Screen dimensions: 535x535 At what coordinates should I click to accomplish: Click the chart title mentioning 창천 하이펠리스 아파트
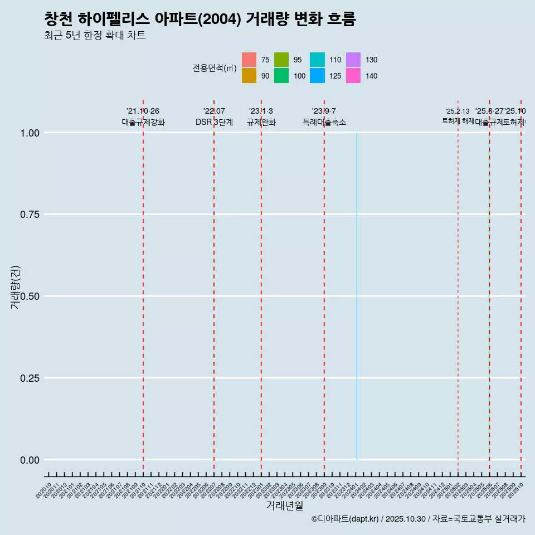point(200,19)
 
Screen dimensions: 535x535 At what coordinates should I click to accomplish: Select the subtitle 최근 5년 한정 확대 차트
point(95,36)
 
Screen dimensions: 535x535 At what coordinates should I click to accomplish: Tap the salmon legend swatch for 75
point(249,60)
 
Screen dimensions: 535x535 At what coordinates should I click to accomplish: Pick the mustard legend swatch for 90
point(249,76)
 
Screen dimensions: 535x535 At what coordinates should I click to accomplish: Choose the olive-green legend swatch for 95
point(281,60)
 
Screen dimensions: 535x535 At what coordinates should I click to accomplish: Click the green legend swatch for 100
point(281,76)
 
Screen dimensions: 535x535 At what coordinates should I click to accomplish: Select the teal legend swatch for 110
point(317,60)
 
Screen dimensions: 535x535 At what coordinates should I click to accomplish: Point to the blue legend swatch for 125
point(317,76)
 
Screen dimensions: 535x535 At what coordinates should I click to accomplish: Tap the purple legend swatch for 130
point(353,60)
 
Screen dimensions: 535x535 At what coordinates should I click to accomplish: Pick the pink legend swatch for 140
point(353,76)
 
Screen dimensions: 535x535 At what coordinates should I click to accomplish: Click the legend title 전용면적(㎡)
point(215,68)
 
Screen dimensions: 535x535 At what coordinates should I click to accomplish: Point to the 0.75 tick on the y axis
point(28,215)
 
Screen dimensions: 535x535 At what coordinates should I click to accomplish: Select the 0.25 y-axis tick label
point(28,378)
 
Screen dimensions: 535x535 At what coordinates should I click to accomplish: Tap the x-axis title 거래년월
point(284,506)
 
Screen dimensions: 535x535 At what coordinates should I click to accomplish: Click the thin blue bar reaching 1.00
point(357,295)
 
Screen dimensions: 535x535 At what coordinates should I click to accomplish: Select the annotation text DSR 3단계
point(214,122)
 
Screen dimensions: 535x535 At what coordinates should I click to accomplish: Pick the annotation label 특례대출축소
point(324,122)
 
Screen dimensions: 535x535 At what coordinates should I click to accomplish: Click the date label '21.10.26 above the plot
point(143,111)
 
